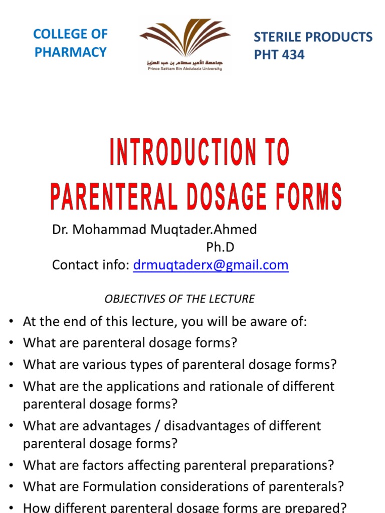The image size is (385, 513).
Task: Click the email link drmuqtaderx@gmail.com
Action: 211,265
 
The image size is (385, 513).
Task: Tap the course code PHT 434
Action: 279,55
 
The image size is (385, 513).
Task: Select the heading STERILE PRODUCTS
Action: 313,37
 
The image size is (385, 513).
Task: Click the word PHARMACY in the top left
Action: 71,52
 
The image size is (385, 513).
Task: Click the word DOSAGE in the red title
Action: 234,197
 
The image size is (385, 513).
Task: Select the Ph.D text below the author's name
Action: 220,247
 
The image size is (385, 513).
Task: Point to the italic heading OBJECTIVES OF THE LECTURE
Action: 179,299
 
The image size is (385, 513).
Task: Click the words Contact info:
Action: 91,265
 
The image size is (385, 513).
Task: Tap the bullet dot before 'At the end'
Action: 11,322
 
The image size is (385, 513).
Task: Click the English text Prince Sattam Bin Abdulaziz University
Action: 184,69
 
